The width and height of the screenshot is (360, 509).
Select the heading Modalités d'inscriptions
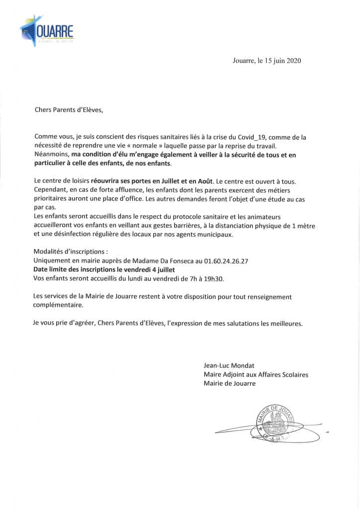pos(70,252)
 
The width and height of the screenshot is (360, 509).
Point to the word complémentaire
pos(59,305)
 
